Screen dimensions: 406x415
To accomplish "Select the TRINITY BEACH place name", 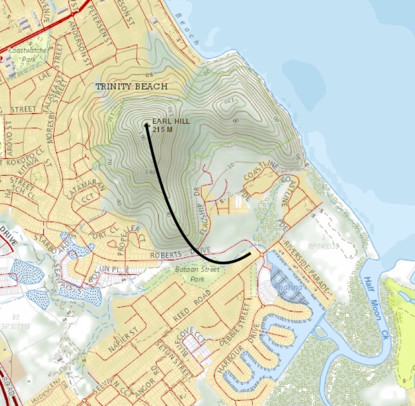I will click(x=131, y=87).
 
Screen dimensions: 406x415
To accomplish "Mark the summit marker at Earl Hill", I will click(x=147, y=125).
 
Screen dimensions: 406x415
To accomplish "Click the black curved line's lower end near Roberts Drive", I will click(x=251, y=253).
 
